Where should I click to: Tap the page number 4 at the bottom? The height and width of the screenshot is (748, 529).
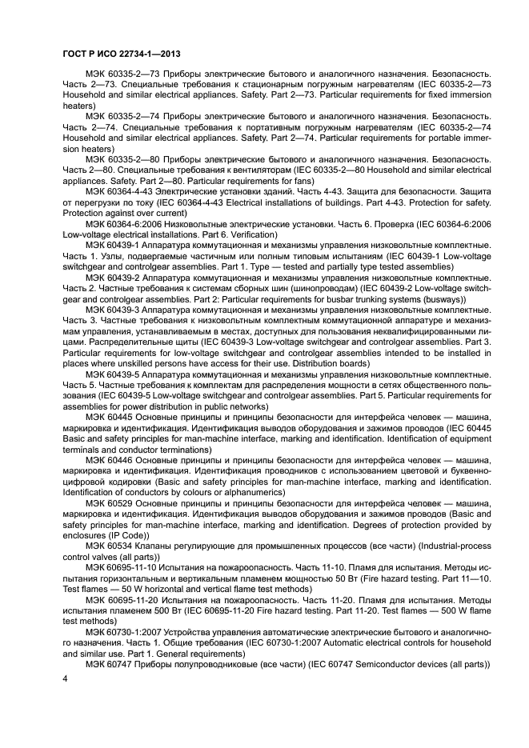coord(65,678)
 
